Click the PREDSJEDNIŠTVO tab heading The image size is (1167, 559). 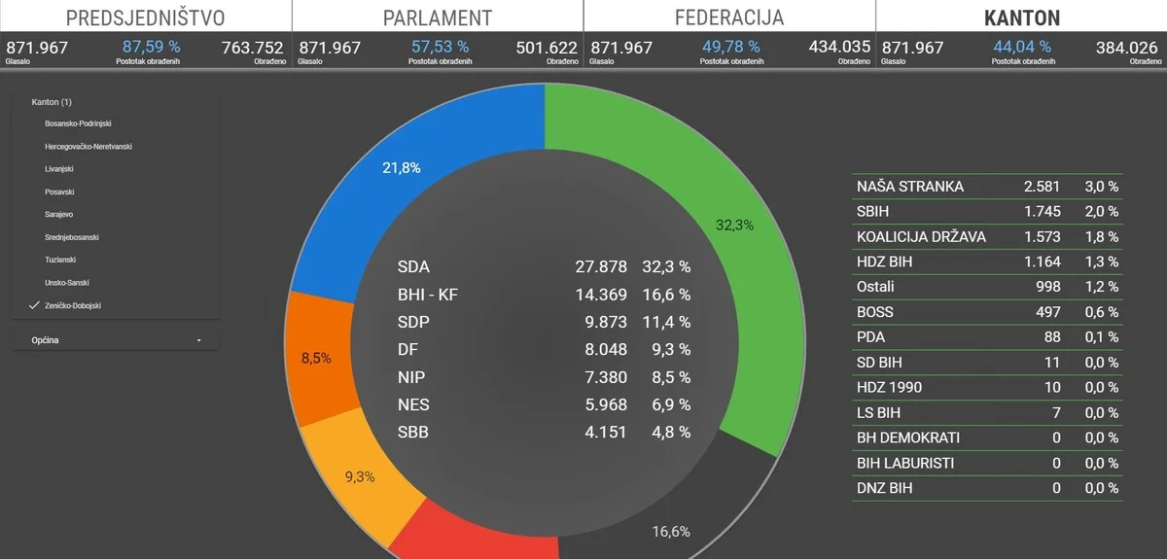(x=145, y=18)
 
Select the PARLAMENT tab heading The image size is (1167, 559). (x=438, y=18)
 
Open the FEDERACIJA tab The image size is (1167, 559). (x=729, y=17)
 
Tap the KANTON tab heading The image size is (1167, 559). (x=1022, y=18)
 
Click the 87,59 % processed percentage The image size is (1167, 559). (x=152, y=47)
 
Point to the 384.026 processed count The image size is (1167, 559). (x=1126, y=48)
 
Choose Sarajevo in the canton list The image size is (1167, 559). (x=58, y=214)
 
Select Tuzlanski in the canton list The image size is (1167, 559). (x=60, y=260)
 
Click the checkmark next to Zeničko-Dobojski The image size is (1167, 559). (x=34, y=305)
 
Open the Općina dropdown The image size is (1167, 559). (x=116, y=340)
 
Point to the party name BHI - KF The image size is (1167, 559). (x=428, y=295)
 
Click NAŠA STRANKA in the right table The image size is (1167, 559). (x=910, y=187)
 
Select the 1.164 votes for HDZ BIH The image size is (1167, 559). (x=1042, y=262)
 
